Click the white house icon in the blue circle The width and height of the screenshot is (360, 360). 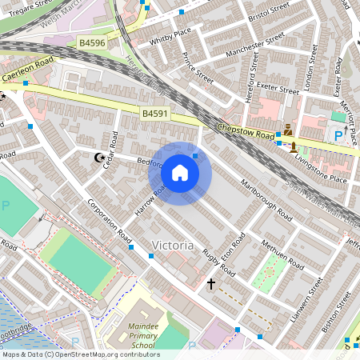pos(180,172)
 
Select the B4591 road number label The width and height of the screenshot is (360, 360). pos(156,114)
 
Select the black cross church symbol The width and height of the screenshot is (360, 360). pos(211,284)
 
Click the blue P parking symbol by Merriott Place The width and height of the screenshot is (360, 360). pos(338,136)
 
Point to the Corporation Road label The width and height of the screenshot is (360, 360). pos(109,220)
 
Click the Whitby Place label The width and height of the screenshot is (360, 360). pos(170,33)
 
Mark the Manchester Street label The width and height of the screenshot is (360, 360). pos(255,44)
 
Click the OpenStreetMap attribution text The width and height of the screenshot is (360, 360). pos(80,354)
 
